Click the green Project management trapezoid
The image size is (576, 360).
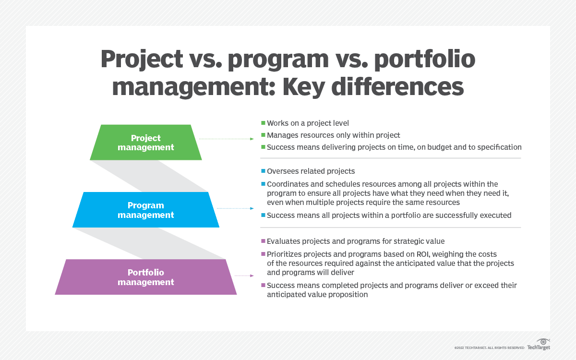point(146,143)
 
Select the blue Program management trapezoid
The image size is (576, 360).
point(146,210)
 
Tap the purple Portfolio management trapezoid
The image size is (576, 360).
point(146,277)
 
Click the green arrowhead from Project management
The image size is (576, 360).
point(252,139)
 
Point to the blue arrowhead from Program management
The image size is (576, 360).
point(252,208)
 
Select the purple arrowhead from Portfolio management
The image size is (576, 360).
point(252,276)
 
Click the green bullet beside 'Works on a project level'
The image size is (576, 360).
point(263,123)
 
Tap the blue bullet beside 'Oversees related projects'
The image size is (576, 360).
point(263,171)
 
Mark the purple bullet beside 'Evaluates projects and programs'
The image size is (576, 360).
point(263,241)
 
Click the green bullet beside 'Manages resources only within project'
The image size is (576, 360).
point(263,135)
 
